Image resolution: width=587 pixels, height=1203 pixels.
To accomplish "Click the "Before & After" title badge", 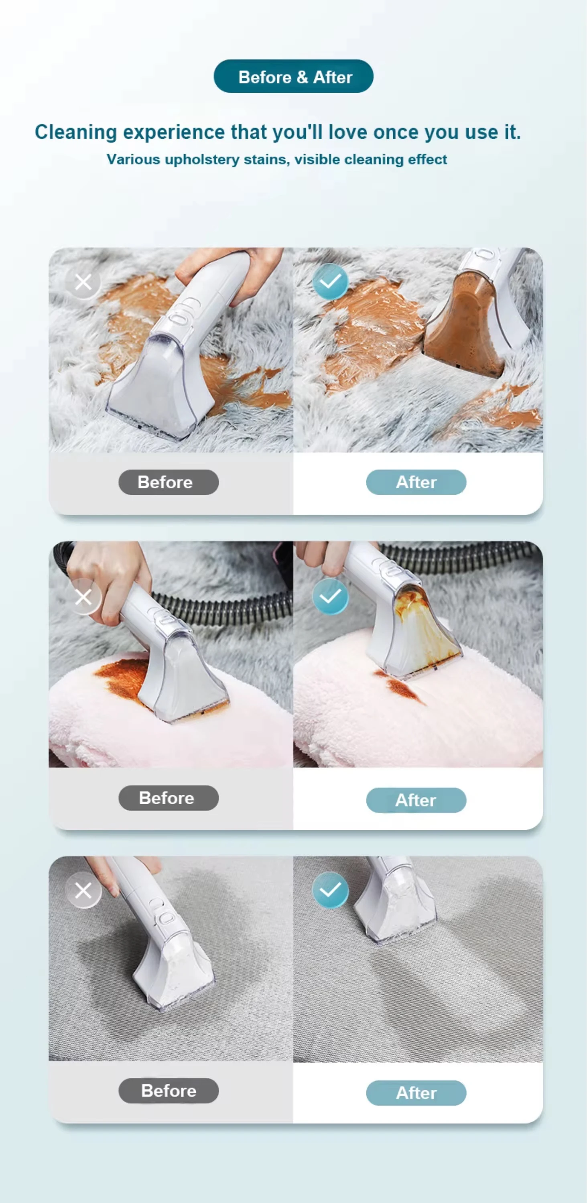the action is (293, 76).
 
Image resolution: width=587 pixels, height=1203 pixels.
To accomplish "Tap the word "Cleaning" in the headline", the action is (76, 132).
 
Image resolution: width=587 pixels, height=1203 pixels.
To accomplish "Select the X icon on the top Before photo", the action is (83, 282).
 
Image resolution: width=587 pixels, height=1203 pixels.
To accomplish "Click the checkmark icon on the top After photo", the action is (330, 281).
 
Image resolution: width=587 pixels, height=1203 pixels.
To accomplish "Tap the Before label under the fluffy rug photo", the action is (169, 482).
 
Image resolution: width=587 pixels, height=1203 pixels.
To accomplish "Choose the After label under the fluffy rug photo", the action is (416, 482).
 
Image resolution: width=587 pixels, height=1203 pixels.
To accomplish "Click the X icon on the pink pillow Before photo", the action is (83, 597).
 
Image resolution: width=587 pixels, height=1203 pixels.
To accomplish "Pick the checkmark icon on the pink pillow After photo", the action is (330, 596).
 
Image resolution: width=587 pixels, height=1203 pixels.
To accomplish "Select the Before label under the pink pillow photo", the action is (169, 798).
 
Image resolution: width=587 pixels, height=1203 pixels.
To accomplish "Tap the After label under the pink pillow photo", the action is (416, 800).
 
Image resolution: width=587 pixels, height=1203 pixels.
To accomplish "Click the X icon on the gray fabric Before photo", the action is (83, 890).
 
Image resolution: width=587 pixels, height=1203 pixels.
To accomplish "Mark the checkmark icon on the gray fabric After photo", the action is (330, 890).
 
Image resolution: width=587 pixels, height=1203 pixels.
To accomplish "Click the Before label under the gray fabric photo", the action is (169, 1091).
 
